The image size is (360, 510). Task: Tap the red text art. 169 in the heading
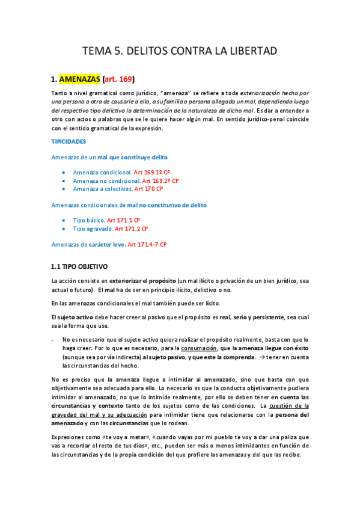click(118, 79)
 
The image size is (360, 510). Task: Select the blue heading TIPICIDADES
click(69, 141)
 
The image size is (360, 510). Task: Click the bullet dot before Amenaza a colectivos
click(64, 189)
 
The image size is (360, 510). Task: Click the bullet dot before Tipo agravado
click(64, 229)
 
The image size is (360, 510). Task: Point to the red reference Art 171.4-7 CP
click(147, 244)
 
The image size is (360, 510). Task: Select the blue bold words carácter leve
click(105, 244)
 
